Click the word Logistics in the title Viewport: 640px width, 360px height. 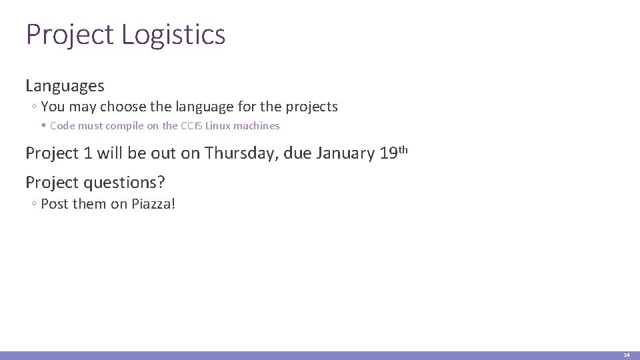pyautogui.click(x=174, y=35)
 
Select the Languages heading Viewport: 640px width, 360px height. pyautogui.click(x=65, y=86)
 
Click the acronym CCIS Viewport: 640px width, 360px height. pyautogui.click(x=191, y=125)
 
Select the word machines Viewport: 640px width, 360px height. pyautogui.click(x=257, y=125)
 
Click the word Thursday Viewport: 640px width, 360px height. pyautogui.click(x=242, y=153)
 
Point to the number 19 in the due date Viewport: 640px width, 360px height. pyautogui.click(x=389, y=153)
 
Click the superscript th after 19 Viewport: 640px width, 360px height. pyautogui.click(x=403, y=149)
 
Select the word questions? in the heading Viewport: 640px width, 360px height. pyautogui.click(x=124, y=182)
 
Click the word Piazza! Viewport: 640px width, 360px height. pyautogui.click(x=153, y=204)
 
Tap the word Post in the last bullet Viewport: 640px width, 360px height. pyautogui.click(x=55, y=204)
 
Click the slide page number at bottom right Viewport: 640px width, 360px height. pyautogui.click(x=626, y=355)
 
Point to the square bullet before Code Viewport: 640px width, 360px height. pyautogui.click(x=43, y=125)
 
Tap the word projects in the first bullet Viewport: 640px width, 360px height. pyautogui.click(x=312, y=107)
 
